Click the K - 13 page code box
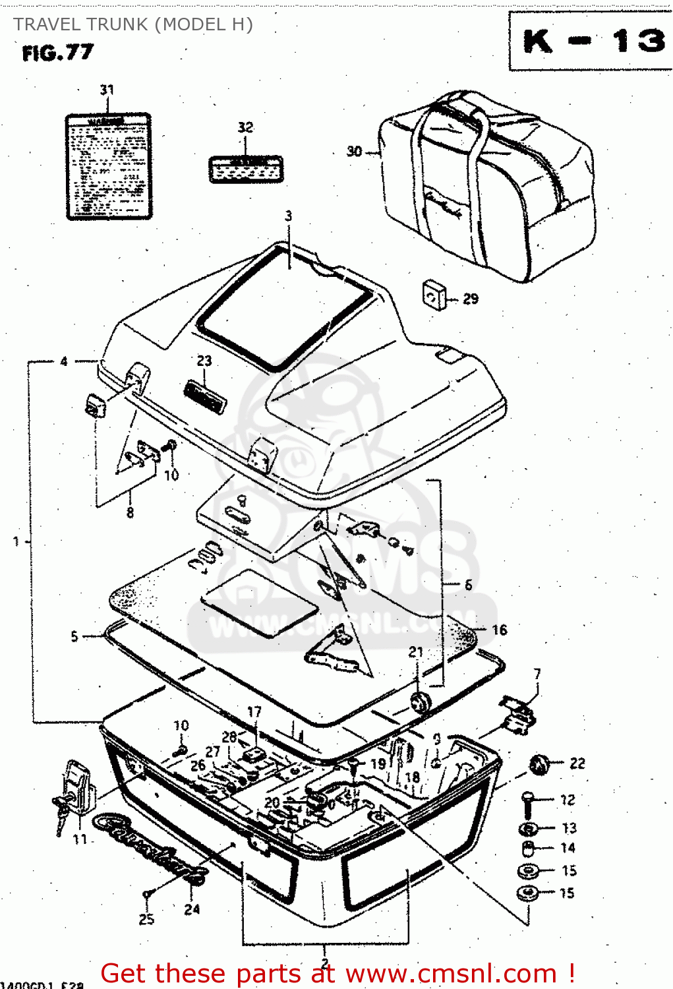(591, 41)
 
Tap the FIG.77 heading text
(58, 53)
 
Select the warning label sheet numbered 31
(109, 166)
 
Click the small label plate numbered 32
(245, 169)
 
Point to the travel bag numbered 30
(488, 188)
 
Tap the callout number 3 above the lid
(288, 216)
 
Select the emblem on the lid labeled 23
(204, 396)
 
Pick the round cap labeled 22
(540, 765)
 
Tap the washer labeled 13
(529, 829)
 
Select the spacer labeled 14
(529, 849)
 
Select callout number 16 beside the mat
(500, 630)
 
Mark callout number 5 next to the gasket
(74, 636)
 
